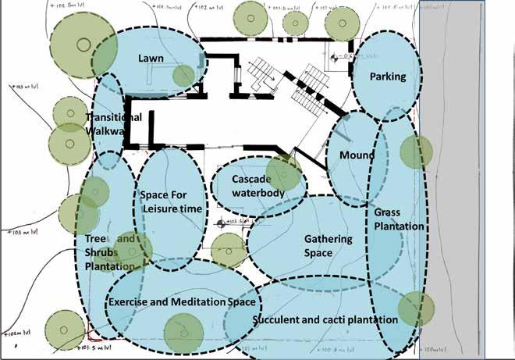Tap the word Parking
[x=388, y=77]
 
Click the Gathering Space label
[x=328, y=245]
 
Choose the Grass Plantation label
[x=398, y=219]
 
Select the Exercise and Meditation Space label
[x=183, y=301]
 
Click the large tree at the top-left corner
[x=80, y=43]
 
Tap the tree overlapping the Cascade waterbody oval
[x=284, y=173]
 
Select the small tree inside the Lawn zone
[x=183, y=76]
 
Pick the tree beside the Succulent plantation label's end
[x=415, y=308]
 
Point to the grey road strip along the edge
[x=467, y=180]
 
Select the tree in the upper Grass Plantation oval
[x=416, y=151]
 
